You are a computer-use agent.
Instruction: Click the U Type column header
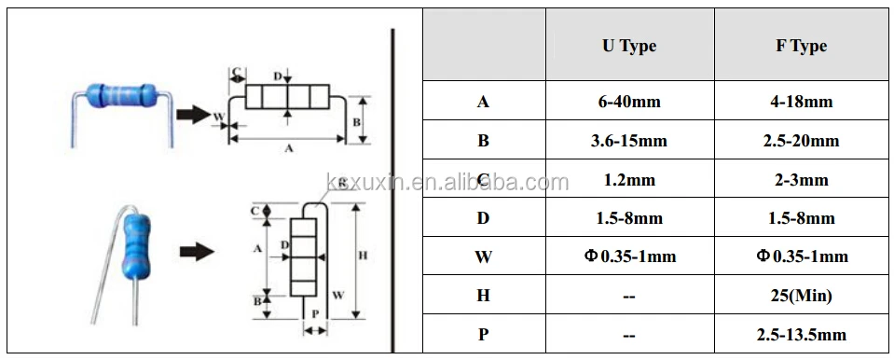click(x=628, y=47)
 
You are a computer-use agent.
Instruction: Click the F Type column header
click(x=801, y=47)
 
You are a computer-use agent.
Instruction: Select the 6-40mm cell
click(x=628, y=102)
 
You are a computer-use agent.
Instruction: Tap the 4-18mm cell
click(x=801, y=102)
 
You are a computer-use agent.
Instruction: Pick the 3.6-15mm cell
click(x=628, y=141)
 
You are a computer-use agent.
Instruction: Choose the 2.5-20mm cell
click(x=801, y=141)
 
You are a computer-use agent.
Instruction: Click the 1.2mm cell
click(x=628, y=180)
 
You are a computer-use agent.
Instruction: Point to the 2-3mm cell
click(x=801, y=180)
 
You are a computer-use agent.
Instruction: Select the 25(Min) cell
click(x=801, y=296)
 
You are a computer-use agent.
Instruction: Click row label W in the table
click(x=483, y=257)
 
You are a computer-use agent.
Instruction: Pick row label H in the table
click(x=483, y=296)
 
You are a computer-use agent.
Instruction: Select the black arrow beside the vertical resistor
click(x=195, y=252)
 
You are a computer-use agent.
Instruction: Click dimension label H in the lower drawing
click(x=363, y=256)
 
